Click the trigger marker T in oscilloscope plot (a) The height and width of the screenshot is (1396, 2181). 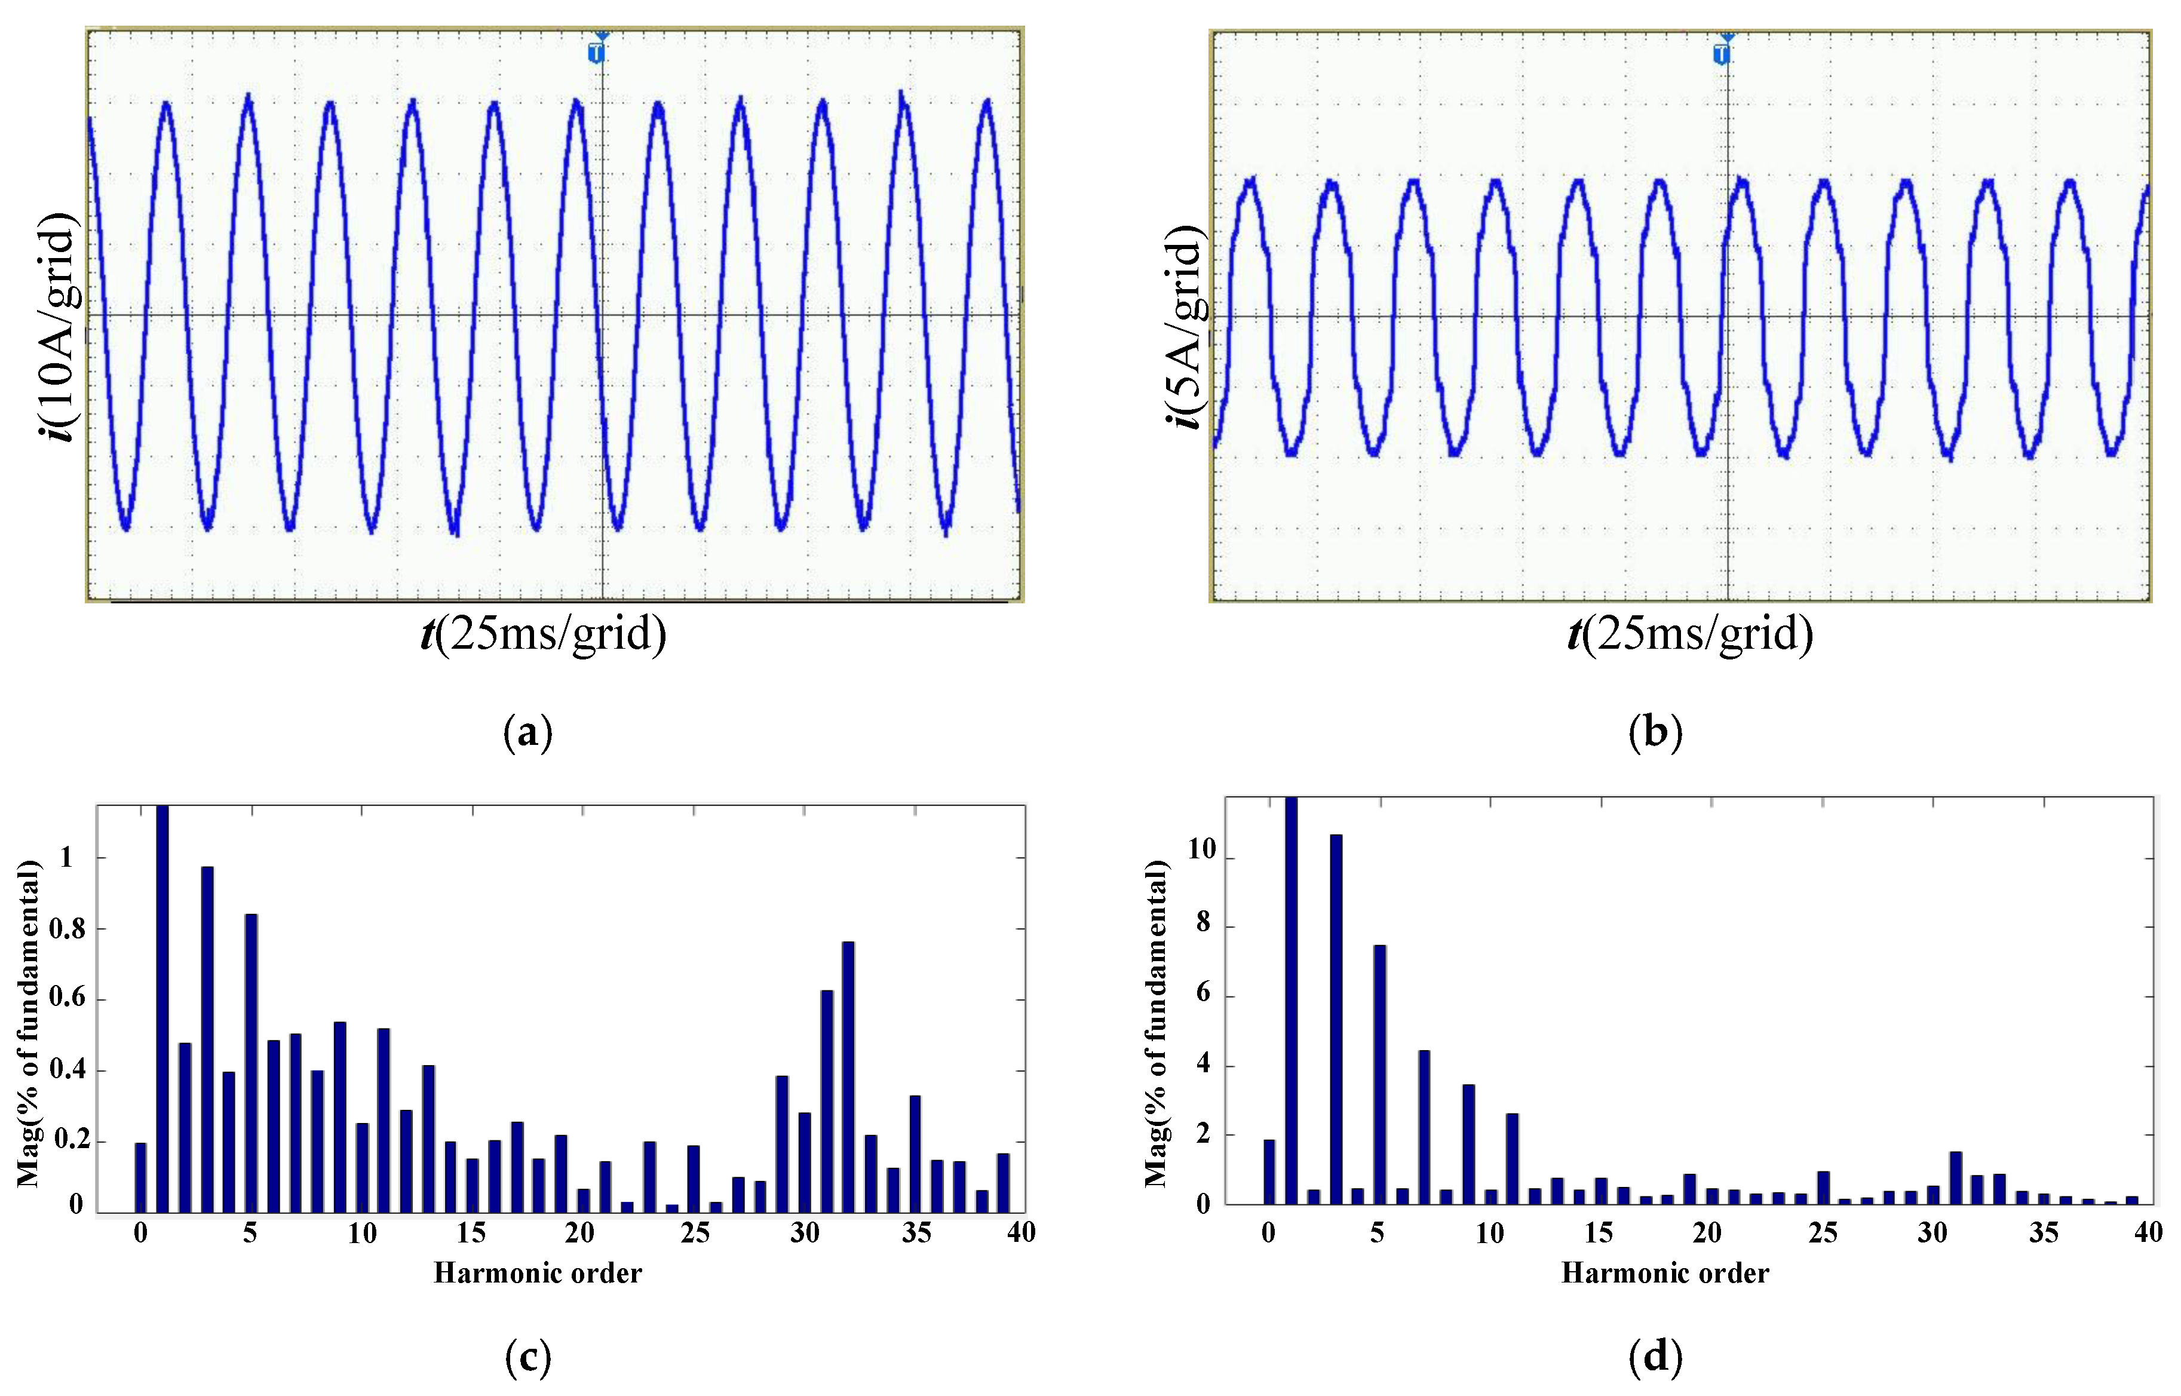coord(596,53)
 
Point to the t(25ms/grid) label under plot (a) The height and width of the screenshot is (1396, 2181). coord(544,633)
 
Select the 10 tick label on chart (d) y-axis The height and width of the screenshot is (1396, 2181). coord(1201,849)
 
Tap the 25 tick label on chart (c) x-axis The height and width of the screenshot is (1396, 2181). coord(695,1233)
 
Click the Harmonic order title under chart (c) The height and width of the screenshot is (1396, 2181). coord(538,1274)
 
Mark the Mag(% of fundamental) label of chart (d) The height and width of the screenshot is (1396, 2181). coord(1156,1024)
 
